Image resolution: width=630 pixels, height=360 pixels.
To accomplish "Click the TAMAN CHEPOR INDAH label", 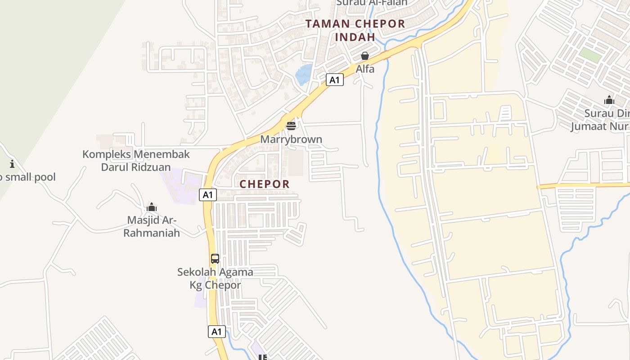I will click(355, 30).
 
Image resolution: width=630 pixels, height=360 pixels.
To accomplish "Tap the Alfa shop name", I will click(365, 69).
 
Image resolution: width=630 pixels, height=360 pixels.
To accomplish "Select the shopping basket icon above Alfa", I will click(365, 56).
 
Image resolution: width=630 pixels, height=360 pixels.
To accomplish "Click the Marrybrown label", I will click(291, 139).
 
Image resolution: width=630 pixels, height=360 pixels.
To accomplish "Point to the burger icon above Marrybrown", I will click(291, 126).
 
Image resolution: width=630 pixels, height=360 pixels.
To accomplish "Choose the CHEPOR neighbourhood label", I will click(265, 184).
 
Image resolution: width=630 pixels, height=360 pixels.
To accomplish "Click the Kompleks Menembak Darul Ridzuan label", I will click(136, 161).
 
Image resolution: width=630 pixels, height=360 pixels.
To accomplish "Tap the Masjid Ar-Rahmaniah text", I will click(152, 226).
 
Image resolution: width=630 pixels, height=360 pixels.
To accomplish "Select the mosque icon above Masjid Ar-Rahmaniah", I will click(152, 207).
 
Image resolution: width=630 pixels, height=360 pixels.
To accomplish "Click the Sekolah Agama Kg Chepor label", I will click(215, 279).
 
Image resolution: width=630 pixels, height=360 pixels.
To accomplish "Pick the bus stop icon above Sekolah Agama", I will click(215, 259).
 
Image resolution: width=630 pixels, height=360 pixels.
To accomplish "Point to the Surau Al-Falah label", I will click(372, 3).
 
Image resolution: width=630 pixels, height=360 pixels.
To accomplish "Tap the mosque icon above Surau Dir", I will click(609, 100).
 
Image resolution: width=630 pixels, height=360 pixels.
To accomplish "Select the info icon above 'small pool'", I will click(12, 164).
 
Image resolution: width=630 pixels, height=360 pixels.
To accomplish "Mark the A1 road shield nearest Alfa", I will click(334, 80).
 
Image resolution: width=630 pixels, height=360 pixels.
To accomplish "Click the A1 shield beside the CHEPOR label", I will click(208, 195).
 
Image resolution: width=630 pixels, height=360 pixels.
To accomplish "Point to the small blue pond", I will click(304, 74).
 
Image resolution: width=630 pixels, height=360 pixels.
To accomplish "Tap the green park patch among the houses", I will click(590, 55).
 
